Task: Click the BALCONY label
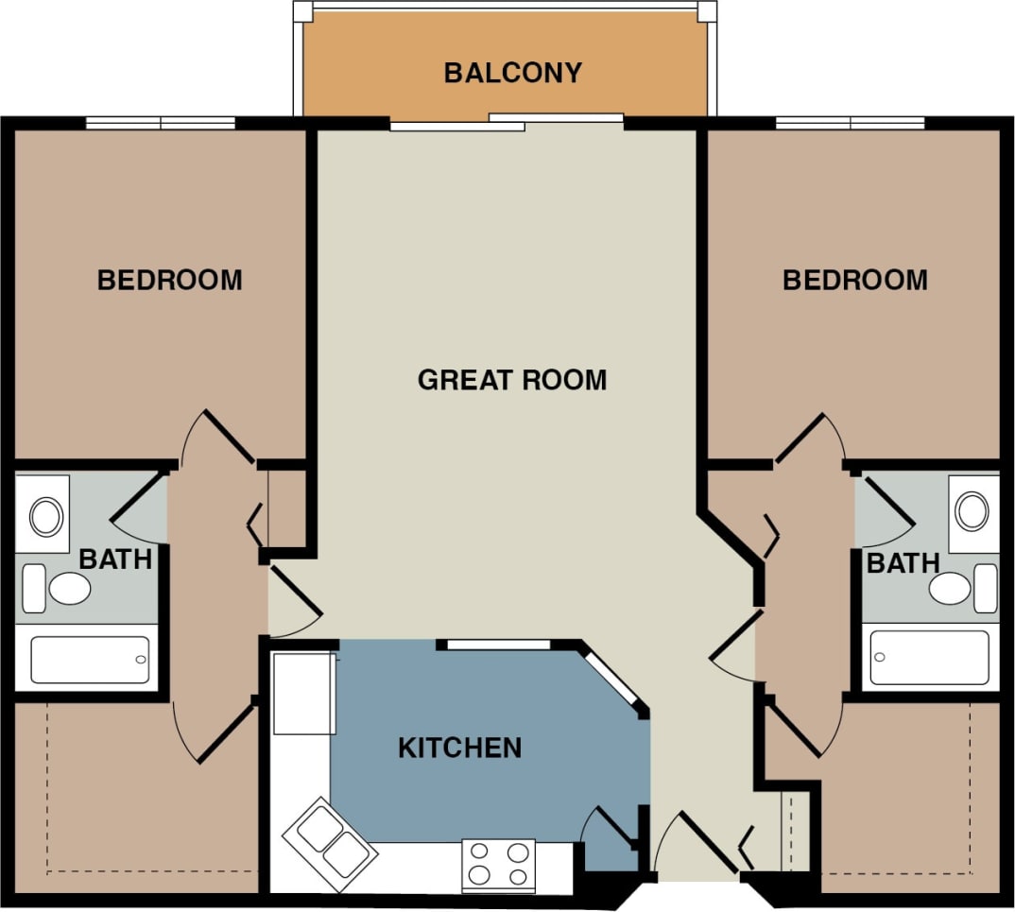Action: (x=512, y=73)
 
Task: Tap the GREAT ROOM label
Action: (x=511, y=380)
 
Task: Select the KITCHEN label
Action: (x=459, y=748)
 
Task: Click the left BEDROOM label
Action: (x=169, y=280)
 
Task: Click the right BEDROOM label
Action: (x=854, y=280)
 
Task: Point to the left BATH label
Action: (x=115, y=559)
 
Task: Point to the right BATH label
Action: (x=903, y=563)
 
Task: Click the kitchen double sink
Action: (x=331, y=843)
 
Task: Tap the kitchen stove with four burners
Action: (x=498, y=865)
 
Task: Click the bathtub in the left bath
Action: (x=90, y=660)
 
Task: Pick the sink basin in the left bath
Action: (x=44, y=516)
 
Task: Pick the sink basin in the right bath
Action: (x=972, y=510)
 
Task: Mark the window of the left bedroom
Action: (x=161, y=123)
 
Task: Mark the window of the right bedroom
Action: (x=850, y=123)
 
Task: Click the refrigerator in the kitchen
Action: (x=303, y=693)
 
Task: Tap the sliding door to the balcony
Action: (x=507, y=122)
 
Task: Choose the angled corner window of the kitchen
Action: (x=613, y=679)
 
